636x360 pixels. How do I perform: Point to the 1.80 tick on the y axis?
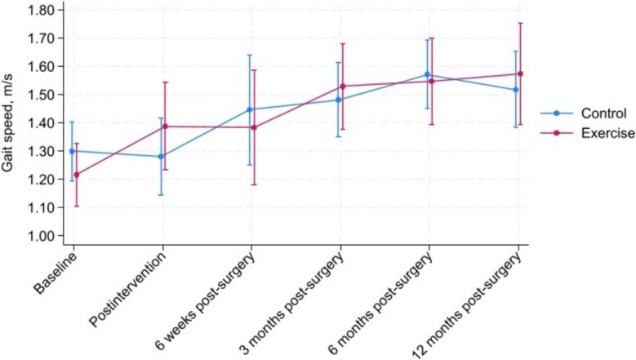click(41, 10)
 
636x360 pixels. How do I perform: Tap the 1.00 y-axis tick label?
click(41, 236)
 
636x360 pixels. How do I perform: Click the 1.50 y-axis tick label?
click(41, 95)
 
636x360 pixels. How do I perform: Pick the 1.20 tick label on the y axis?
click(41, 180)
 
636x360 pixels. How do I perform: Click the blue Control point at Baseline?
click(72, 151)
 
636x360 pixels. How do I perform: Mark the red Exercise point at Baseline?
click(77, 175)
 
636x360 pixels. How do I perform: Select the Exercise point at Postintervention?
click(165, 127)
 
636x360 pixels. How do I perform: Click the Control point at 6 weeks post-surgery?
click(250, 109)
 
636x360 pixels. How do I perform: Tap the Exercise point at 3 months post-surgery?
click(343, 87)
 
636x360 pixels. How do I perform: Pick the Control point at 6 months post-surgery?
click(427, 74)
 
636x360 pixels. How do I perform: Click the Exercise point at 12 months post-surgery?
click(520, 73)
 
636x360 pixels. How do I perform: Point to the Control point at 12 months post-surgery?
click(516, 90)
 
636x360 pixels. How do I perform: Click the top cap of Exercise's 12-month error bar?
click(520, 23)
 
